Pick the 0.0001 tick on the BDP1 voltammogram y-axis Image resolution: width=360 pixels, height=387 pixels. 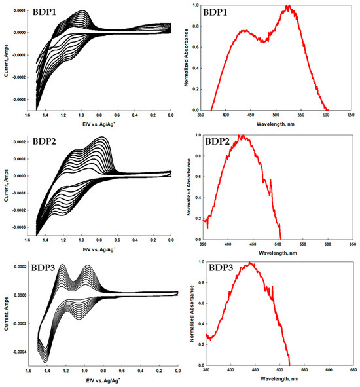20,11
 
